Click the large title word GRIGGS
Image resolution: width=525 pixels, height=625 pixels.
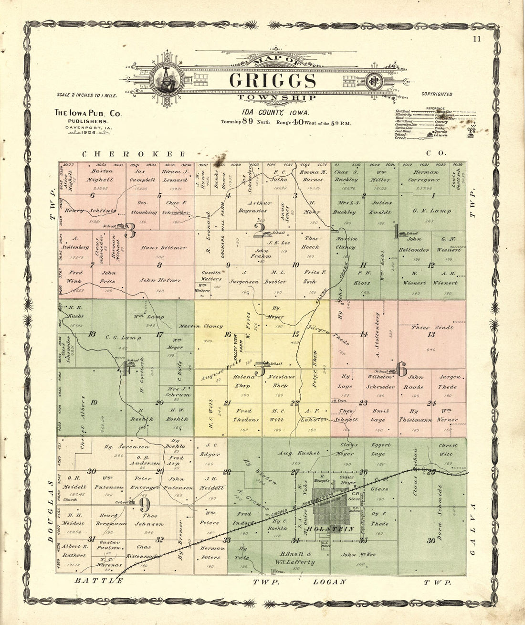click(272, 81)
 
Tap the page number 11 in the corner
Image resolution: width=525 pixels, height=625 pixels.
click(477, 40)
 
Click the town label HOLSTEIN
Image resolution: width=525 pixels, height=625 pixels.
click(337, 529)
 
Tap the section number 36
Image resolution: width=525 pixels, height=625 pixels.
click(431, 540)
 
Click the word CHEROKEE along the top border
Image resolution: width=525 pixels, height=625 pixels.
click(134, 154)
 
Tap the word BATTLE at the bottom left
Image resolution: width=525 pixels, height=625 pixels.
click(99, 581)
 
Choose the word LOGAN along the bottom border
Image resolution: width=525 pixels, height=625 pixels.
click(329, 582)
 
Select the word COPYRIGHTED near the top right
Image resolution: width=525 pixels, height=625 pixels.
click(437, 95)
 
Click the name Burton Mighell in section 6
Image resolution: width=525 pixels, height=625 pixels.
click(100, 175)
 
